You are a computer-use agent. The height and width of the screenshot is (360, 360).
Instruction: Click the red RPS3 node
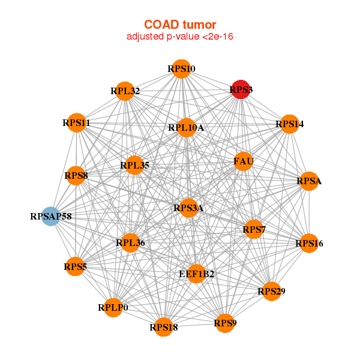tap(241, 89)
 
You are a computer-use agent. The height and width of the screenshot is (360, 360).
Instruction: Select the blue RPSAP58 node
tap(51, 216)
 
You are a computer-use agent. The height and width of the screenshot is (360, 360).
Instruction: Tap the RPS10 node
tap(181, 69)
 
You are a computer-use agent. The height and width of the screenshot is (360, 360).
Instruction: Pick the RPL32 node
tap(125, 91)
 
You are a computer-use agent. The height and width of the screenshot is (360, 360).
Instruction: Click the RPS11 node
tap(77, 123)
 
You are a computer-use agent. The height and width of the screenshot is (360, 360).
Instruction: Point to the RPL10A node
tap(187, 128)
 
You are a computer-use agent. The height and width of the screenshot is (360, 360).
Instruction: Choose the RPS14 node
tap(290, 124)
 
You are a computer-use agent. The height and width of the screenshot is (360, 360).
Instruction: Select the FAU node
tap(243, 161)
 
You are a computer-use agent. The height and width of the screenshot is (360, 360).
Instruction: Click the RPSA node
tap(309, 181)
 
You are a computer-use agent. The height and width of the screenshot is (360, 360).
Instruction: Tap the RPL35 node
tap(134, 165)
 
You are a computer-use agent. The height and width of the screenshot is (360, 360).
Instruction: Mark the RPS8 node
tap(76, 176)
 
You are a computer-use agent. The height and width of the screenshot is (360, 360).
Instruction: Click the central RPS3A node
tap(188, 208)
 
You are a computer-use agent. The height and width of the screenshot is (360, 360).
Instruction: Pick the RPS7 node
tap(254, 229)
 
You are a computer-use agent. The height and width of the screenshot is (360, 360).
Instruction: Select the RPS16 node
tap(309, 244)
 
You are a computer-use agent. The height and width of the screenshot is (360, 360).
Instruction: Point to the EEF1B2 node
tap(196, 274)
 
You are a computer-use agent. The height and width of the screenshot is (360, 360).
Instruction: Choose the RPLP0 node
tap(113, 308)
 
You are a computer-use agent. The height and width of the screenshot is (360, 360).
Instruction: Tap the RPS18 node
tap(163, 327)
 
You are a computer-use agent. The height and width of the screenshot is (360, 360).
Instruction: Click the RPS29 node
tap(272, 292)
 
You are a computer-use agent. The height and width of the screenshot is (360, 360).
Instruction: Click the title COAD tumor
tap(180, 25)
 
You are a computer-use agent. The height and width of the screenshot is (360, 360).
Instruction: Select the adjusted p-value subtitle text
tap(180, 37)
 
